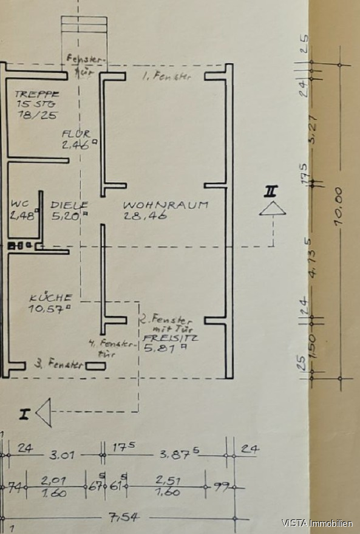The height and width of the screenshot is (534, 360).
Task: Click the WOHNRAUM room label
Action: [165, 205]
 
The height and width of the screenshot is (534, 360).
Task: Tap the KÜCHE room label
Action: [51, 298]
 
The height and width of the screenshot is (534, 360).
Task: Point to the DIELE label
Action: [69, 205]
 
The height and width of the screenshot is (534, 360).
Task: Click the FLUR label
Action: [76, 134]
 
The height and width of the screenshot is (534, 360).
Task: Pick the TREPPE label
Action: [36, 94]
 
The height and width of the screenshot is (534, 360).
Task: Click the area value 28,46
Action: [141, 214]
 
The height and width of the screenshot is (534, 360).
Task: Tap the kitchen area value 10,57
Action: [49, 308]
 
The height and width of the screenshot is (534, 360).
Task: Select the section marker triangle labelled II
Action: [271, 208]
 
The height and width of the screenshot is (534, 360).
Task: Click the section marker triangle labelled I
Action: [43, 413]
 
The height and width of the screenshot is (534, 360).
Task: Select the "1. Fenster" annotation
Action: [166, 77]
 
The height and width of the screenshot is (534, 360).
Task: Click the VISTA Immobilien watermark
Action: [317, 522]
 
